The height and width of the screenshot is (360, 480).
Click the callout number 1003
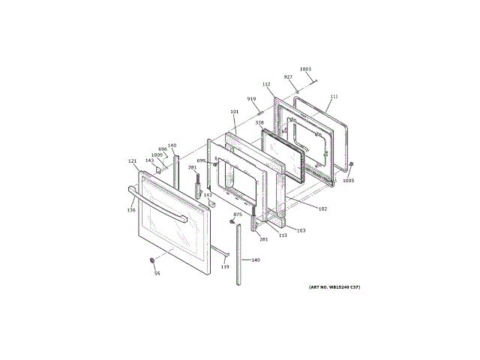[305, 69]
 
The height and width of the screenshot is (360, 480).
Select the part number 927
[288, 76]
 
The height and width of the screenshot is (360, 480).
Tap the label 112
[266, 84]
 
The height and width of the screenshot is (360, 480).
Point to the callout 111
[334, 96]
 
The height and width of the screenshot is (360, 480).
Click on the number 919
[251, 98]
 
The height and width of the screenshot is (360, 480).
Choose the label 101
[234, 112]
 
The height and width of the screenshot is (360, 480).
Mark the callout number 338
[259, 122]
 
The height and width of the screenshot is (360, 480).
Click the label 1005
[349, 180]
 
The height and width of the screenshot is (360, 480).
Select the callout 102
[322, 208]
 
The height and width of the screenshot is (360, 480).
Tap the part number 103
[301, 230]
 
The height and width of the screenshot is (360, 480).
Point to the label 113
[283, 235]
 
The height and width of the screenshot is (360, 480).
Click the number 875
[238, 214]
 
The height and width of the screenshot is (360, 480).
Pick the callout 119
[224, 267]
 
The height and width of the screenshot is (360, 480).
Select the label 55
[157, 273]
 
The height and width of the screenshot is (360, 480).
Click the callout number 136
[131, 210]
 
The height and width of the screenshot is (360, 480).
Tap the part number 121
[133, 160]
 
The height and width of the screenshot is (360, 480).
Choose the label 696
[162, 148]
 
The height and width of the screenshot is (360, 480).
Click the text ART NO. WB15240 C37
[334, 287]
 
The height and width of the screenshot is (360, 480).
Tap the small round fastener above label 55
[153, 259]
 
